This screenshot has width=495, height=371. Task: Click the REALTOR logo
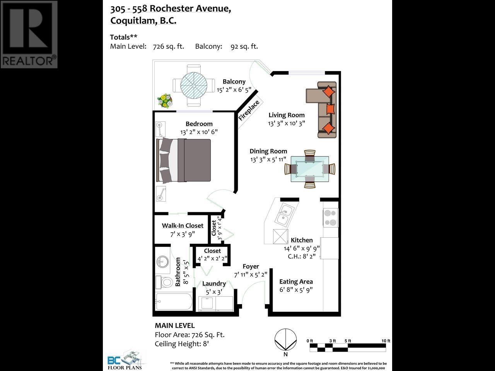[29, 34]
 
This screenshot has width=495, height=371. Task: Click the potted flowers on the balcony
[165, 101]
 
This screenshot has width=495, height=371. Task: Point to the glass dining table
[310, 169]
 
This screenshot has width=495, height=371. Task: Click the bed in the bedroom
[184, 160]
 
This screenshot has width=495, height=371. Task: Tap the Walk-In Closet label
[183, 226]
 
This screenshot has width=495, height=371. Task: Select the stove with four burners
[331, 218]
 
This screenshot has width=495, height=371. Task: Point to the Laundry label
[214, 284]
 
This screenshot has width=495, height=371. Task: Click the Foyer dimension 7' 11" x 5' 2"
[251, 275]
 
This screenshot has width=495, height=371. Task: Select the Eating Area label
[296, 282]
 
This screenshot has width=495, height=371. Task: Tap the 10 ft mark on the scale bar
[386, 341]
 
